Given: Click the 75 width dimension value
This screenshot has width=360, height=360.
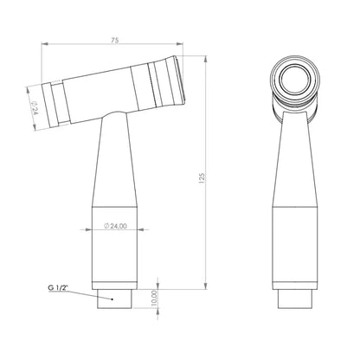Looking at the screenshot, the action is [x=114, y=41].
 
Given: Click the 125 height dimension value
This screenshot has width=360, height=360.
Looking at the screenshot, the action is [x=202, y=178].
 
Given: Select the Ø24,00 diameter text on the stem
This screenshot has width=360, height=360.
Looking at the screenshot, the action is [x=115, y=226].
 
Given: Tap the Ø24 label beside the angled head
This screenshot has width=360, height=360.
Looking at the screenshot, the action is [x=35, y=108].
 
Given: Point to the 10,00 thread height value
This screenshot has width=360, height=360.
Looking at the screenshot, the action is [x=154, y=298].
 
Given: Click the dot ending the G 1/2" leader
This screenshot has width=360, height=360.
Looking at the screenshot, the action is [x=112, y=299].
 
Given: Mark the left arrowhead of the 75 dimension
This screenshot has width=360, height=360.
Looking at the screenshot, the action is [x=45, y=44].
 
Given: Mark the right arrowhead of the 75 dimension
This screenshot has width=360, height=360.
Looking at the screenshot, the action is [x=180, y=44].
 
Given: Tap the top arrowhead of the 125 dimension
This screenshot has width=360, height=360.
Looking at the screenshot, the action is [x=205, y=59].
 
